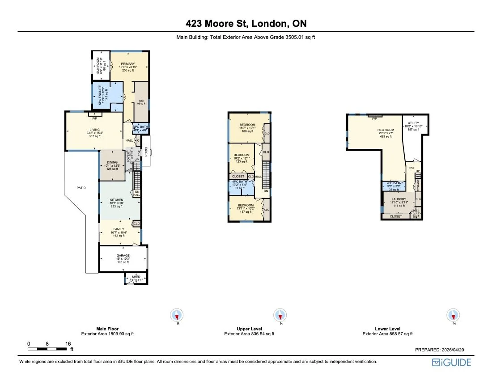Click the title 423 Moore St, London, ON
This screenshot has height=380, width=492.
(246, 23)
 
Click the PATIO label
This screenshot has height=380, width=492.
(81, 188)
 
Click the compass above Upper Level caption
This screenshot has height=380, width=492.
(280, 315)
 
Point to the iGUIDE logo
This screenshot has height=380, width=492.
(451, 362)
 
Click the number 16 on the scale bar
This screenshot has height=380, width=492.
(68, 344)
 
